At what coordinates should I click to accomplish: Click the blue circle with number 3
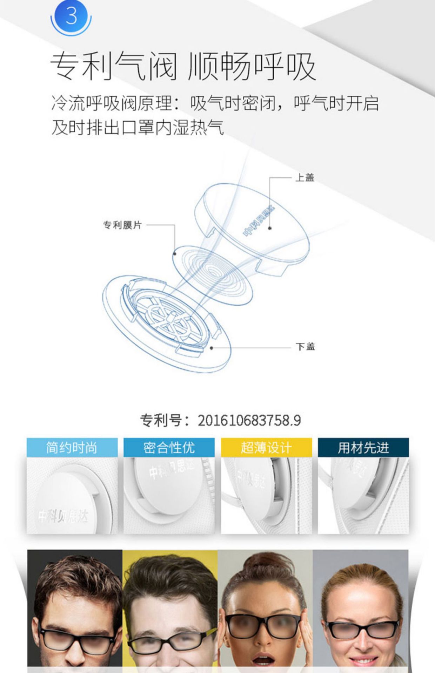point(71,15)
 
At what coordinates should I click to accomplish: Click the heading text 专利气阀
point(113,66)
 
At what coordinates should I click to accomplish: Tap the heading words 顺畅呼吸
point(252,66)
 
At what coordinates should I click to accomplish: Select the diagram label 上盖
point(305,178)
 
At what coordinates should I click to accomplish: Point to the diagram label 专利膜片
point(122,225)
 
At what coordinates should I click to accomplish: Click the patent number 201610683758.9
point(249,420)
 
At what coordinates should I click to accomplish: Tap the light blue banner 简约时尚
point(72,448)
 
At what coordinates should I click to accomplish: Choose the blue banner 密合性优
point(169,448)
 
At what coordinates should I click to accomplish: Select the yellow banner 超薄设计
point(266,448)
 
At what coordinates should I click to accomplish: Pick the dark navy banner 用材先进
point(363,448)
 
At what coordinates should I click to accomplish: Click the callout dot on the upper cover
point(270,228)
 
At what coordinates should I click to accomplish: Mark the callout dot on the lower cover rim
point(212,348)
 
